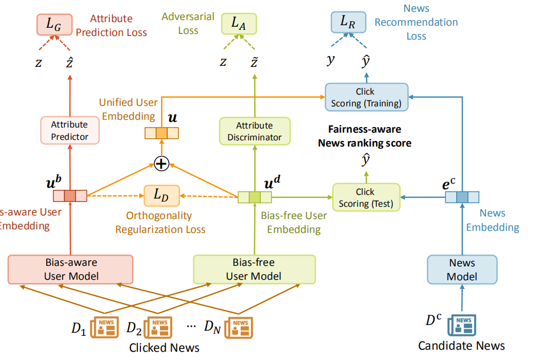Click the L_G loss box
pos(51,24)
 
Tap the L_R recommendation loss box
pos(348,22)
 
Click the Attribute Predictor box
pos(69,131)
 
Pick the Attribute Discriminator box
pos(255,131)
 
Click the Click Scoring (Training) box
pos(366,97)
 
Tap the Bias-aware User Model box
pos(70,269)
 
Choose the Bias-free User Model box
pos(254,269)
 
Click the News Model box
pos(462,269)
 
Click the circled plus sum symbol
pos(161,164)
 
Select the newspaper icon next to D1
pos(105,327)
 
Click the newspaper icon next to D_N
pos(241,327)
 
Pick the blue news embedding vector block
pos(462,197)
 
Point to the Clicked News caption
pos(164,348)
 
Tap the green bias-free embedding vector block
pos(255,197)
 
